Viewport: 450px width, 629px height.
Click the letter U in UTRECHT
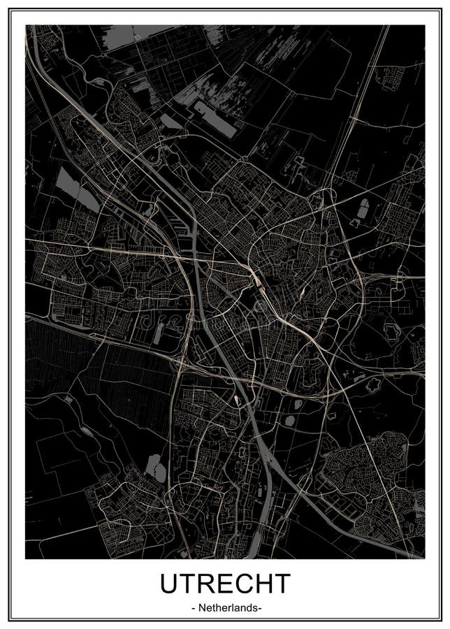[x=170, y=584]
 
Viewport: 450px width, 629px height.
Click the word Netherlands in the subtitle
[x=226, y=608]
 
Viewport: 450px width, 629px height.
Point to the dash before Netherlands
[x=192, y=609]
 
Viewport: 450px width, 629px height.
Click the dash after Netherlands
[x=261, y=609]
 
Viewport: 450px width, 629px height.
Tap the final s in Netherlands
[x=256, y=609]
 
